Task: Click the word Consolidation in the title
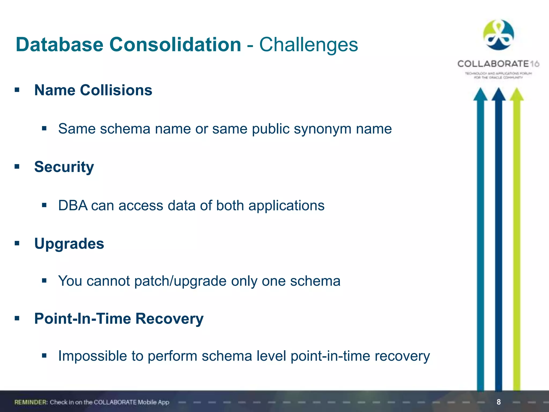175,45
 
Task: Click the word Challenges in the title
308,45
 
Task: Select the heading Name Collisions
93,90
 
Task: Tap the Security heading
64,167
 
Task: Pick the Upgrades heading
69,244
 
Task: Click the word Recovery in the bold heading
169,319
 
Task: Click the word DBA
73,206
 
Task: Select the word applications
286,206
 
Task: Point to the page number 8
499,402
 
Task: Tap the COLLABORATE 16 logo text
498,64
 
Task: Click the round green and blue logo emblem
498,35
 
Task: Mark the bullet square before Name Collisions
17,90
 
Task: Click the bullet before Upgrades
17,243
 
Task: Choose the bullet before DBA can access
44,205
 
